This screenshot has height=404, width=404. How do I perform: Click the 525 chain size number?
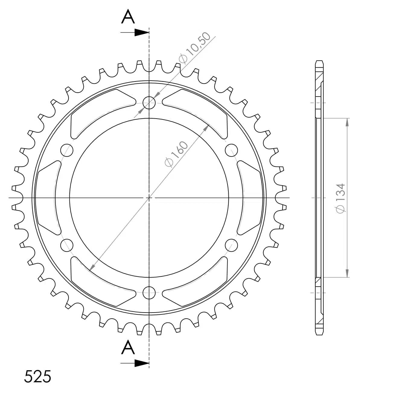pos(37,376)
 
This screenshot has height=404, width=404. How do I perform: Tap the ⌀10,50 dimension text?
pos(194,47)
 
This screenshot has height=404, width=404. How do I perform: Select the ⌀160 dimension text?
pos(176,154)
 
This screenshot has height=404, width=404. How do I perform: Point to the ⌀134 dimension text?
pos(340,198)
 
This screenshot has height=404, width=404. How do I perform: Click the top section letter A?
pos(128,17)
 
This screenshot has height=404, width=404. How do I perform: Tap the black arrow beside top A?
pos(135,32)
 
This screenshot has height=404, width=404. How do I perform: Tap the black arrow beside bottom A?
pos(135,363)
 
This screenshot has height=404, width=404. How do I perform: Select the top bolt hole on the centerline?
pos(149,103)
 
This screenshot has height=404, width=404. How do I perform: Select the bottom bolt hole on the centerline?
pos(149,293)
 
